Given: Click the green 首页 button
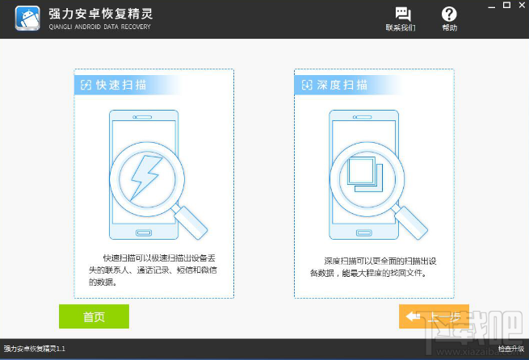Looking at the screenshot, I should (x=94, y=316).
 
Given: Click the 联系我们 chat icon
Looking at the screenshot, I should (x=401, y=15).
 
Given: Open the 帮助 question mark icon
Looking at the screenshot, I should (x=449, y=15).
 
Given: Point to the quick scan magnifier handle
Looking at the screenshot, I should (x=193, y=220).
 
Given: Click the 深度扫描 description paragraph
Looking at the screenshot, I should (x=372, y=267).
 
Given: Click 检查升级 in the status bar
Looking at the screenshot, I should (x=510, y=349).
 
